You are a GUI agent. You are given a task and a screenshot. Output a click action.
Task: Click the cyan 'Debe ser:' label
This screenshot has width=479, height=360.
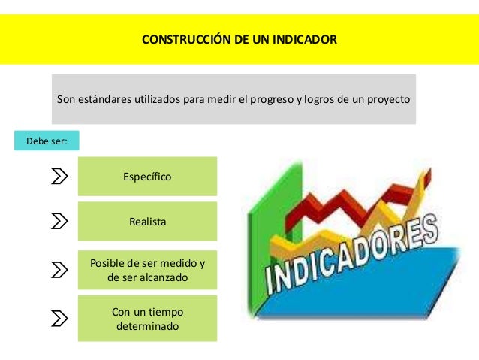(47, 140)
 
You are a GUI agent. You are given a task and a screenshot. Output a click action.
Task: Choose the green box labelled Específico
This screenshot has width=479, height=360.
(147, 177)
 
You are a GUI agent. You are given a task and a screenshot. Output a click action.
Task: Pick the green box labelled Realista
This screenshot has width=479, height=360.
(147, 222)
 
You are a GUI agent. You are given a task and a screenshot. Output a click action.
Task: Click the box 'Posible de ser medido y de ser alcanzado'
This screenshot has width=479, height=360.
(147, 270)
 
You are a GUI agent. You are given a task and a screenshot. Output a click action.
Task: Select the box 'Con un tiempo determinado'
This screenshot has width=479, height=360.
(147, 319)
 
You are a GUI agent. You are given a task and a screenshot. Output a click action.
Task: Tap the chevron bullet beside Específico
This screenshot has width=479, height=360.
(59, 177)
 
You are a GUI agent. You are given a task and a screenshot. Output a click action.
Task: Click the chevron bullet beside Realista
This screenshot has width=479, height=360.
(59, 222)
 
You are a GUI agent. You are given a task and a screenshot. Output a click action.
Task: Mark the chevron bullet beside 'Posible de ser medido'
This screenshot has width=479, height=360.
(59, 270)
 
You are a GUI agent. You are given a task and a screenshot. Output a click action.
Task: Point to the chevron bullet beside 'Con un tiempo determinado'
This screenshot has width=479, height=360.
(59, 319)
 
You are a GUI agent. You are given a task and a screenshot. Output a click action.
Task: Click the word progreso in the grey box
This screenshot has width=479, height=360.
(273, 99)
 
